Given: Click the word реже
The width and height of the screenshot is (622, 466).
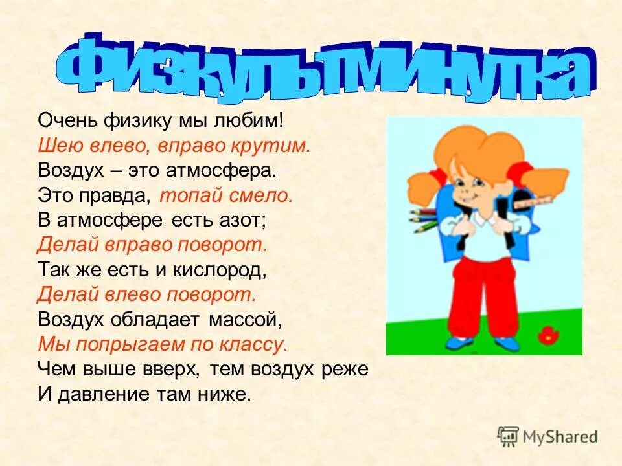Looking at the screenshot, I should pyautogui.click(x=346, y=370).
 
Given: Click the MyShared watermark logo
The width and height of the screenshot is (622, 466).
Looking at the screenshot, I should pyautogui.click(x=547, y=436).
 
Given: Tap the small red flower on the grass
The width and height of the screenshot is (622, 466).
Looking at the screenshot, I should pyautogui.click(x=548, y=335).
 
